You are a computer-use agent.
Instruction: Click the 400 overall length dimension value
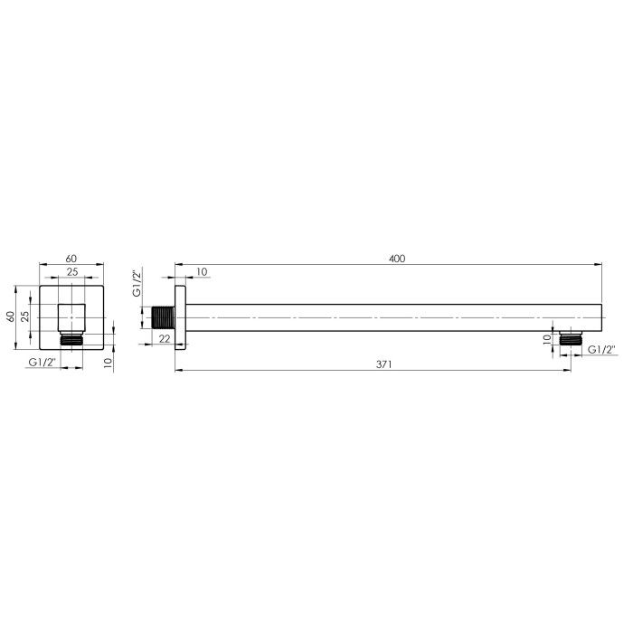pos(397,259)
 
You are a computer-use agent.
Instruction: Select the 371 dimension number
pos(384,364)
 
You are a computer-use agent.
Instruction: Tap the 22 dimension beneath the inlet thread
pos(165,339)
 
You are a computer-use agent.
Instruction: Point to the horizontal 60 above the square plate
pos(71,259)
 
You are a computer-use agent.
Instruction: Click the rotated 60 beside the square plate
pos(11,316)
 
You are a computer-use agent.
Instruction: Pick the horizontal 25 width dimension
pos(72,272)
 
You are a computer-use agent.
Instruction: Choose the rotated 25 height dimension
pos(25,316)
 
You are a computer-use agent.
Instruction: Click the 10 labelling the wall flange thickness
pos(202,271)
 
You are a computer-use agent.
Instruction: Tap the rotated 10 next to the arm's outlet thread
pos(546,339)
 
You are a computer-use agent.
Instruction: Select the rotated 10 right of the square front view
pos(108,362)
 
